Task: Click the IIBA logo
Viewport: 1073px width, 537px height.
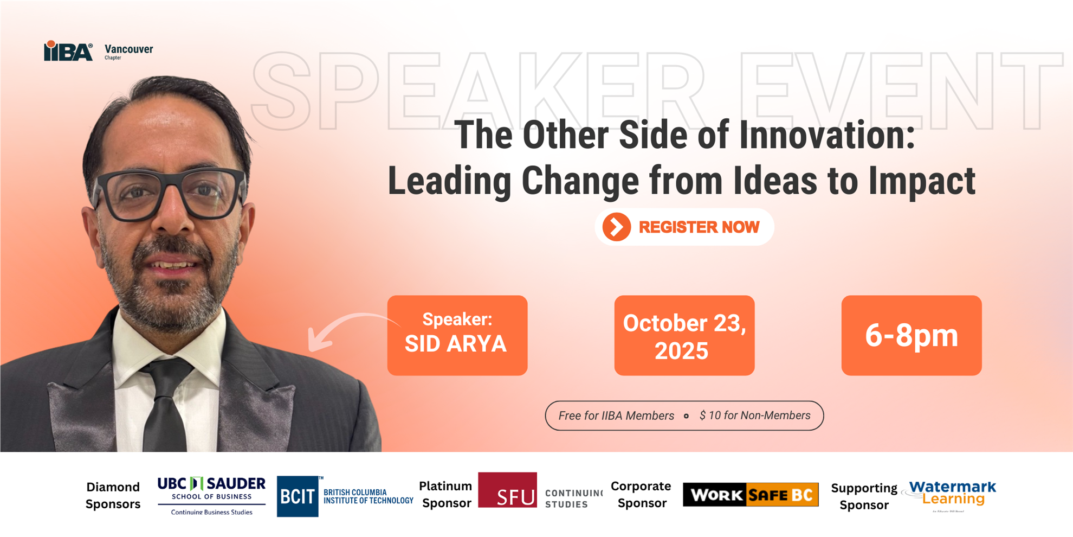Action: [68, 51]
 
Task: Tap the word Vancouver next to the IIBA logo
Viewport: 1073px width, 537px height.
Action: [128, 49]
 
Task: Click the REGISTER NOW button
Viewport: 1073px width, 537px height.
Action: [684, 227]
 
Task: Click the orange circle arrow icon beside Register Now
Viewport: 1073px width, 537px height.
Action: [617, 227]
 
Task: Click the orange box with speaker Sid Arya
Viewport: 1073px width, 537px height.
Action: [457, 335]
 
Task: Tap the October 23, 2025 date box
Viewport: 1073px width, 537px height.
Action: [684, 335]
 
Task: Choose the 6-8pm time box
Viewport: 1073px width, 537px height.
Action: [911, 335]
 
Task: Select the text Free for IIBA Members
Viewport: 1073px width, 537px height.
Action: [616, 415]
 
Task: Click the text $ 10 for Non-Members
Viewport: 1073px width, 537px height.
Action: [754, 415]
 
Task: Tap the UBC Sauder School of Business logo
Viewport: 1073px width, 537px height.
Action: [211, 495]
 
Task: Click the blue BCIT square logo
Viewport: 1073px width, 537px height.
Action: [298, 496]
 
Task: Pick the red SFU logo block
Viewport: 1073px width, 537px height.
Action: [507, 490]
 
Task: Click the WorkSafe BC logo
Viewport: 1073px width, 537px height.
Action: [751, 495]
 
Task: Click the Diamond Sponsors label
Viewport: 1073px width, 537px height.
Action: [113, 495]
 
